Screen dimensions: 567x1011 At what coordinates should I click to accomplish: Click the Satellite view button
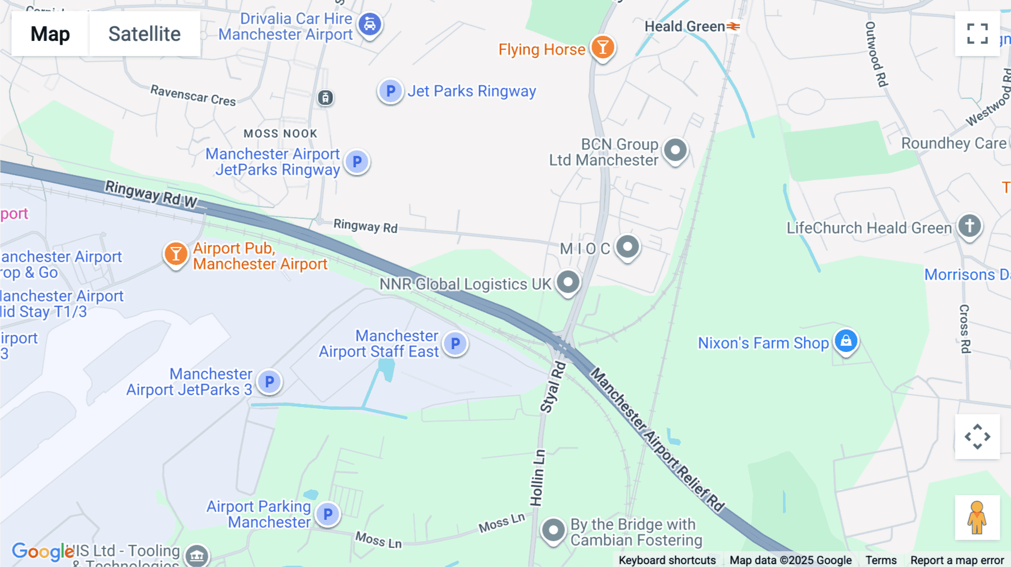tap(144, 34)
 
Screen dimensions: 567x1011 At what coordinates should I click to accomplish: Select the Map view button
tap(50, 34)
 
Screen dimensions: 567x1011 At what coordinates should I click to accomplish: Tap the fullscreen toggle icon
tap(977, 34)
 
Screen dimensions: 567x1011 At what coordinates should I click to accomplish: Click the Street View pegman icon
tap(977, 517)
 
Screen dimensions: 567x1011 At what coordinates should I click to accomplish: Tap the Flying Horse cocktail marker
tap(603, 48)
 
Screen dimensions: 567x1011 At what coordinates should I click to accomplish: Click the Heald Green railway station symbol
tap(733, 26)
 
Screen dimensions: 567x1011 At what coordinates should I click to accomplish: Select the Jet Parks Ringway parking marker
tap(390, 91)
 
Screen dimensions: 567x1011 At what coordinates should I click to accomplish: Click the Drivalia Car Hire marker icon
tap(370, 25)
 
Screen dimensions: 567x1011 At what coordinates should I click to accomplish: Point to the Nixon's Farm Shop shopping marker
tap(846, 341)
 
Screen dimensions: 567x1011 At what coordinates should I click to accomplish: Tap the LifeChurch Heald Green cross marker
tap(969, 226)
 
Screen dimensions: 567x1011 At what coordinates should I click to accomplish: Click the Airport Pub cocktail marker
tap(176, 254)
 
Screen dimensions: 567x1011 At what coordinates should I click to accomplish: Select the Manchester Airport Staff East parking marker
tap(456, 344)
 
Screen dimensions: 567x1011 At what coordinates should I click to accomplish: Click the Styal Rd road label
tap(553, 387)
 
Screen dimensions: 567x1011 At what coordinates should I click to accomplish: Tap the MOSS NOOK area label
tap(280, 134)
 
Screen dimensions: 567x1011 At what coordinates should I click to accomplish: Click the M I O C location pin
tap(627, 246)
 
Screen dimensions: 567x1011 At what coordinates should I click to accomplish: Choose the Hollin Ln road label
tap(538, 477)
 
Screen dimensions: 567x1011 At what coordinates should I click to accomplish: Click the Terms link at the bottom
tap(881, 560)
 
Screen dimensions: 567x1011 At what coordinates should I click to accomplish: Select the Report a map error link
tap(957, 560)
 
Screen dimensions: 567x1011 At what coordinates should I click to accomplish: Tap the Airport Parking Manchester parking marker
tap(328, 514)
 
